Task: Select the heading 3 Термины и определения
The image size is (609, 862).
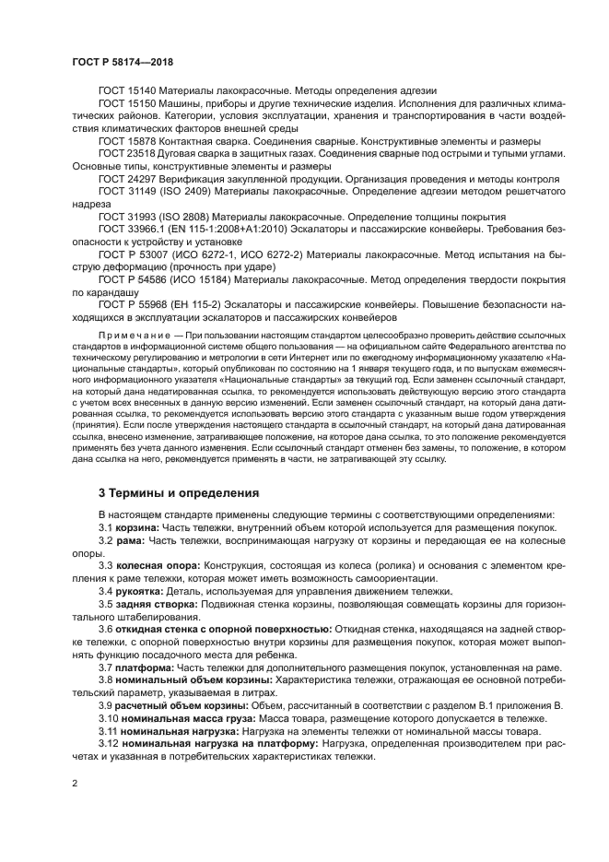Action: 179,493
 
